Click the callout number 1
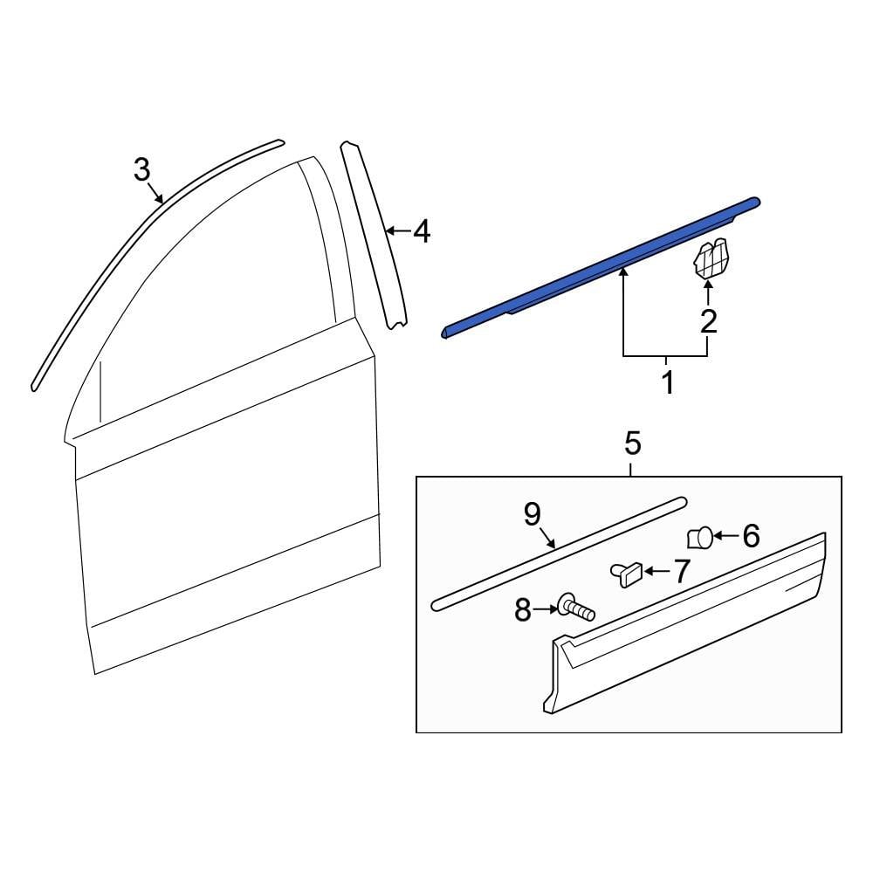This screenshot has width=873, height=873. tap(667, 382)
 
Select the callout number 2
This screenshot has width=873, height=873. tap(708, 321)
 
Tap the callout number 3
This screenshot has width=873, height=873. tap(142, 169)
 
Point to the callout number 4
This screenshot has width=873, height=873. tap(422, 232)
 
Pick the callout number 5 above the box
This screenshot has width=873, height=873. tap(632, 444)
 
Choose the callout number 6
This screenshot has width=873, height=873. tap(751, 536)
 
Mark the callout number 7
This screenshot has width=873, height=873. tap(679, 572)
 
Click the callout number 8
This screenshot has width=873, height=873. tap(523, 610)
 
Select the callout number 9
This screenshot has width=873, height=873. tap(533, 515)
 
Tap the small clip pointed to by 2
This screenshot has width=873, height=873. tap(711, 259)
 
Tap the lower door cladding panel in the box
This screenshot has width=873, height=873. tap(690, 629)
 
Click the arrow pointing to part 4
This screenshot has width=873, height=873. tap(397, 231)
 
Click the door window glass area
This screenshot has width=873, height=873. tap(218, 306)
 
